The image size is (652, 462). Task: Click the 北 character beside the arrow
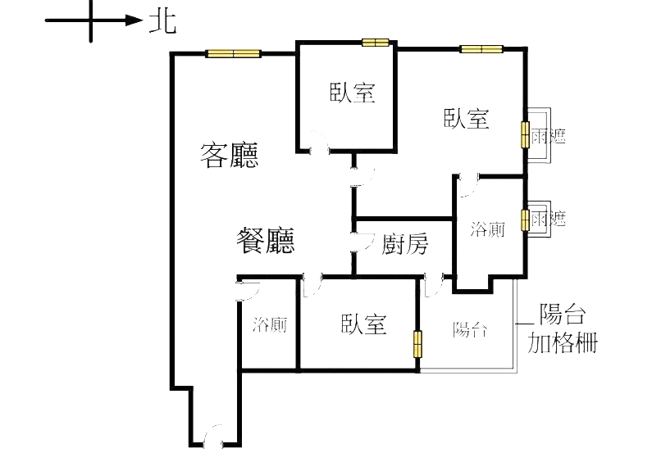pos(162,21)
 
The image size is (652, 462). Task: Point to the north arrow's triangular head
pos(135,20)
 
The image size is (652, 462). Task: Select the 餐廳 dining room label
pos(265,241)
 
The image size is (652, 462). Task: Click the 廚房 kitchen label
pos(405,242)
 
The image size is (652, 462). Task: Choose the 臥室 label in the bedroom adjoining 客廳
pos(353,93)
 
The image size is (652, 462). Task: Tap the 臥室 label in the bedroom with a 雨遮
pos(467,119)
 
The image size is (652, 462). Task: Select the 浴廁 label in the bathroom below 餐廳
pos(270,324)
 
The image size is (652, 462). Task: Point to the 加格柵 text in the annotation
pos(562,341)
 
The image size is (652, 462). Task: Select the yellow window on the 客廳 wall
pos(233,54)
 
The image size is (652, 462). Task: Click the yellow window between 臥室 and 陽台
pos(418,344)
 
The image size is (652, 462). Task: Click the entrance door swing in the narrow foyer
pos(216,437)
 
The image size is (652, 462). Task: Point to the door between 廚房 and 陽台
pos(435,284)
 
